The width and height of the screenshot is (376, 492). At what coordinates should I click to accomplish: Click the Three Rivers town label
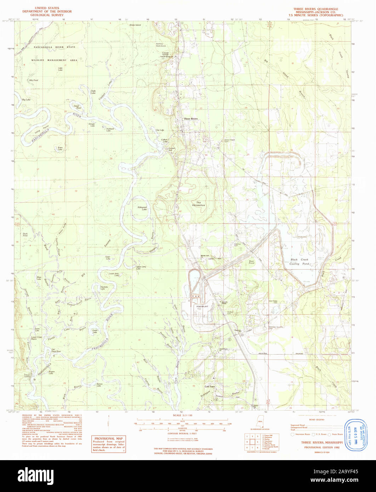190,119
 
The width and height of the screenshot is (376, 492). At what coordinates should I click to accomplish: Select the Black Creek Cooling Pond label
299,262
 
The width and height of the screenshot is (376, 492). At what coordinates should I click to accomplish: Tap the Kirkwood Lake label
142,208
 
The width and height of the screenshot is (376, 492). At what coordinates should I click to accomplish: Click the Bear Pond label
251,262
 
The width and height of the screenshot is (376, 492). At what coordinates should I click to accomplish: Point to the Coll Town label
210,387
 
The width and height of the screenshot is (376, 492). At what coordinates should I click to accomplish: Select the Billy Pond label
34,80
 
